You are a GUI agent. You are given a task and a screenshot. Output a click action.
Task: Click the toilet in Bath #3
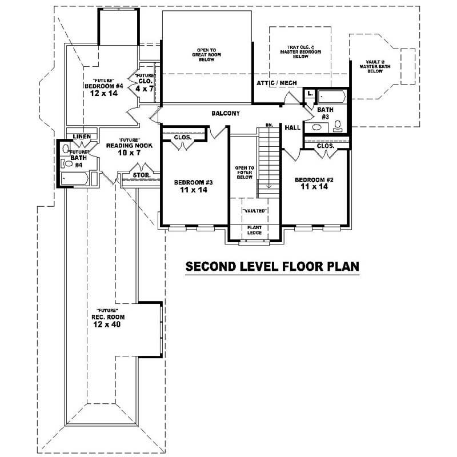pos(338,125)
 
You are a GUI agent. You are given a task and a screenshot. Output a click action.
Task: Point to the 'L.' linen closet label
pos(309,93)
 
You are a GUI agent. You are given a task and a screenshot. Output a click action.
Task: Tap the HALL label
pos(292,129)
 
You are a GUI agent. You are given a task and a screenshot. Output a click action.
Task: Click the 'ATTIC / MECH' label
pos(276,83)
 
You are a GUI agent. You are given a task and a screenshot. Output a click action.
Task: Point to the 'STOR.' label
pos(141,175)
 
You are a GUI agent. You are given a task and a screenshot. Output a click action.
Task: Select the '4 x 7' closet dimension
pos(145,89)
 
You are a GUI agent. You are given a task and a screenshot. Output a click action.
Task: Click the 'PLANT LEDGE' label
pos(254,230)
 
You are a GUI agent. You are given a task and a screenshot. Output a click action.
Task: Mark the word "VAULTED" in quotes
pos(254,210)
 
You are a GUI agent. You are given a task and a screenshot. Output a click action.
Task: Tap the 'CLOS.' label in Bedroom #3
pos(182,138)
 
